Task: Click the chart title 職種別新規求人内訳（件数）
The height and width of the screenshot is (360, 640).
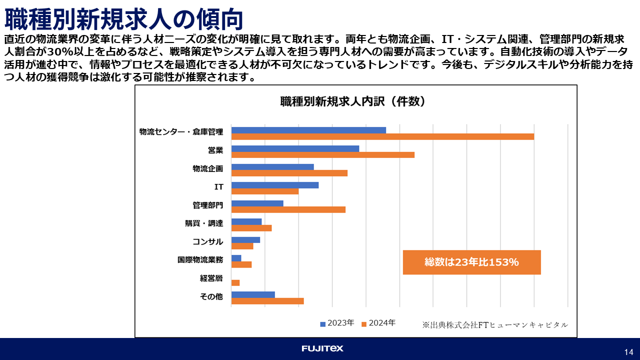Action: (x=353, y=102)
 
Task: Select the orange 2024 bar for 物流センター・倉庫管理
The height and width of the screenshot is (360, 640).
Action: (x=382, y=136)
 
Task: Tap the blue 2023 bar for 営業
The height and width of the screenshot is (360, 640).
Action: (x=295, y=148)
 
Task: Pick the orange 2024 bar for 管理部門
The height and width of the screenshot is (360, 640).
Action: (x=288, y=209)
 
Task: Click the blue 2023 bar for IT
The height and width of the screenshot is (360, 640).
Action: (x=275, y=185)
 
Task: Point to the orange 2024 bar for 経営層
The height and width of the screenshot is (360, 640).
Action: (x=235, y=283)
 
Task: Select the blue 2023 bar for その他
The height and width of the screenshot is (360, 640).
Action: (x=253, y=294)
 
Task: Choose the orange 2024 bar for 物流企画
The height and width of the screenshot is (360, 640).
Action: (x=289, y=173)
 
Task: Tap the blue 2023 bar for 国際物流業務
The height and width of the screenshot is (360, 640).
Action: (x=236, y=258)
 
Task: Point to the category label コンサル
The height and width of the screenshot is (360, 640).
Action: (x=207, y=241)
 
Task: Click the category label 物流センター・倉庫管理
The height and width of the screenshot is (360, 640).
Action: (x=181, y=132)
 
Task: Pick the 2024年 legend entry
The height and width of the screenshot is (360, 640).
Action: (x=378, y=323)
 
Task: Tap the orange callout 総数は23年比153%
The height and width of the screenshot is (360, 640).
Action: (x=471, y=262)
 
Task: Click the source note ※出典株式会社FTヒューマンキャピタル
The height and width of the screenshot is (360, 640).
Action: (x=495, y=325)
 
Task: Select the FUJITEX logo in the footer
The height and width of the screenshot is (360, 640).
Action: (x=322, y=348)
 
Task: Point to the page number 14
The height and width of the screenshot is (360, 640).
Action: (x=628, y=351)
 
